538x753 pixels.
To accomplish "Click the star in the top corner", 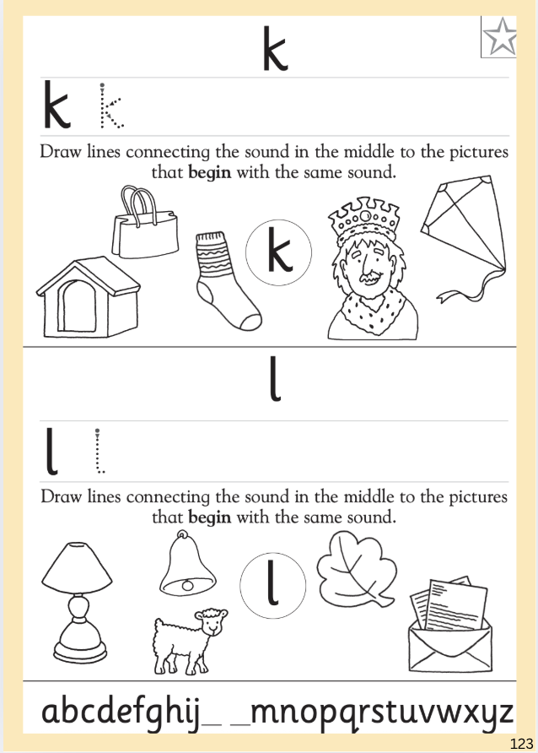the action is (501, 37).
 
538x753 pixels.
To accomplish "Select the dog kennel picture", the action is (89, 298).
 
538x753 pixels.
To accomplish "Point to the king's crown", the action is (364, 217).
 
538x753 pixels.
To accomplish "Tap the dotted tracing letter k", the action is (111, 106).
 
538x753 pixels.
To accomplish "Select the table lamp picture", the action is (78, 603).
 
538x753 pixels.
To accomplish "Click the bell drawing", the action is (187, 563).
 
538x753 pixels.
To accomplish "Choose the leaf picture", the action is (357, 570).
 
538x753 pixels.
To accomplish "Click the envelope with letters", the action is (449, 625).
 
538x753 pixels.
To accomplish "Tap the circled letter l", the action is (273, 583).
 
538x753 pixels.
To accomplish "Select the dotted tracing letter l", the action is (100, 452).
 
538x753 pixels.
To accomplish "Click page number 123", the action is (522, 744).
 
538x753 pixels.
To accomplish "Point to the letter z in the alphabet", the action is (502, 713).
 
